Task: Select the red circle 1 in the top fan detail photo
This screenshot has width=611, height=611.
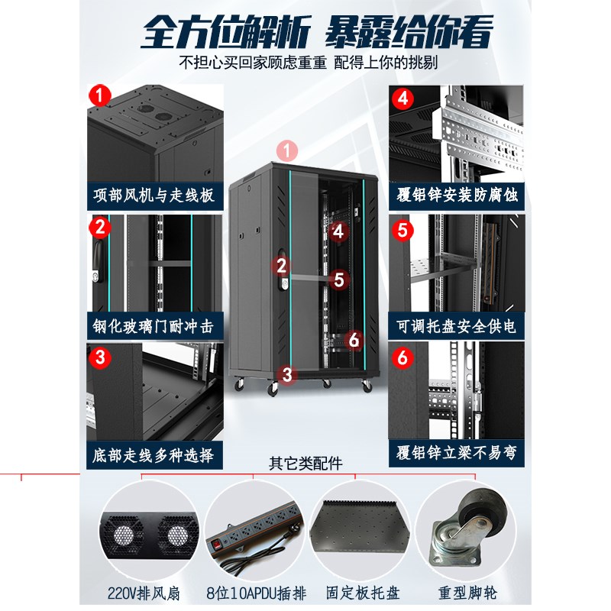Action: click(98, 96)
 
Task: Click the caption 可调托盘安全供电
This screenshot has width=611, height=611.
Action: click(457, 326)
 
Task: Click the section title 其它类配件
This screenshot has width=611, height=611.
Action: click(305, 463)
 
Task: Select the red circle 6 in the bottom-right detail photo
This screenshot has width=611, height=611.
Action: click(402, 357)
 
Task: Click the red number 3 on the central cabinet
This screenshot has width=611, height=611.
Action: click(287, 374)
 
